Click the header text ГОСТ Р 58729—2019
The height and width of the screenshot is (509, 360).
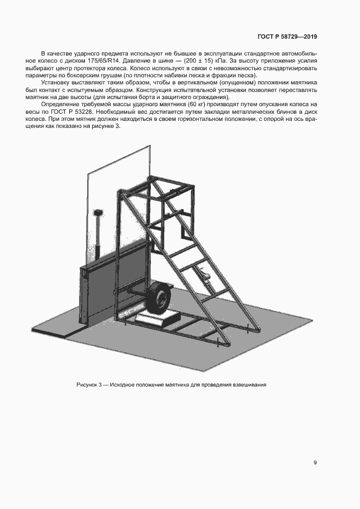click(x=287, y=37)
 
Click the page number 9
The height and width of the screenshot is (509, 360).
click(x=315, y=463)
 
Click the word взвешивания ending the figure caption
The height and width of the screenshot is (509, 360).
click(x=249, y=385)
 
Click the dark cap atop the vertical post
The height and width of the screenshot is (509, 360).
click(x=99, y=211)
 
